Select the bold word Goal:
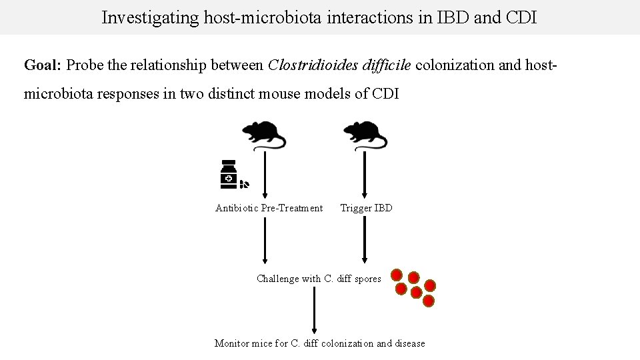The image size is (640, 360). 43,65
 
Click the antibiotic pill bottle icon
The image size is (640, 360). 229,175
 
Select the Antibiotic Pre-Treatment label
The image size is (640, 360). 269,208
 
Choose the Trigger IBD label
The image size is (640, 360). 366,208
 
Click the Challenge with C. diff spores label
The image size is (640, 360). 319,279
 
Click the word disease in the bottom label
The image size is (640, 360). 410,343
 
